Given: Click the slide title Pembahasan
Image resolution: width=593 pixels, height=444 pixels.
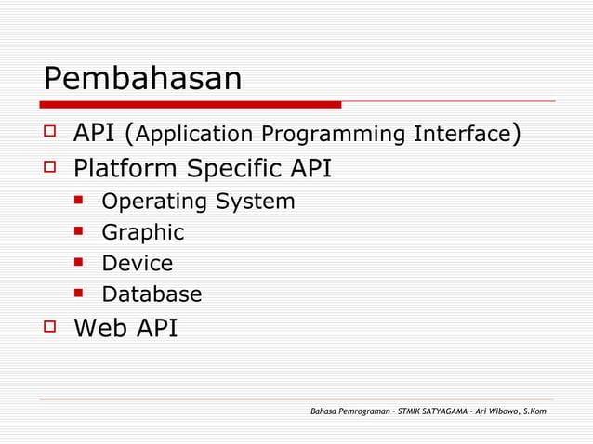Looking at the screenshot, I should coord(142,79).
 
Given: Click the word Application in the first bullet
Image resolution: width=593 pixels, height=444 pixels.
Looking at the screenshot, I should coord(195,136).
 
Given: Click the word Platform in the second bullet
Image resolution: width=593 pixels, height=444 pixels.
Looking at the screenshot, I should coord(126,169).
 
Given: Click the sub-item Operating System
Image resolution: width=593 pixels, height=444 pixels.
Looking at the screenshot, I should coord(198,202).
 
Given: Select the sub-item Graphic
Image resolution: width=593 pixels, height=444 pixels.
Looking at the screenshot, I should coord(142,232).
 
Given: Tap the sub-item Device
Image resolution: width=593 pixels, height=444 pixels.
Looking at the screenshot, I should coord(137,264).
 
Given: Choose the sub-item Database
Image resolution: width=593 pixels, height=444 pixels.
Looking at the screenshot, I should coord(152,294).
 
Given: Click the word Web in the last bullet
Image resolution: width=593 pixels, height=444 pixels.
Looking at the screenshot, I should coord(99,328).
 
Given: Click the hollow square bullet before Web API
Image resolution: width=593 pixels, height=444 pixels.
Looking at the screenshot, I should coord(50,328).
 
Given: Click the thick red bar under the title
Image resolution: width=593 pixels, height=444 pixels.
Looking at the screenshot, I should coord(191,104).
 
